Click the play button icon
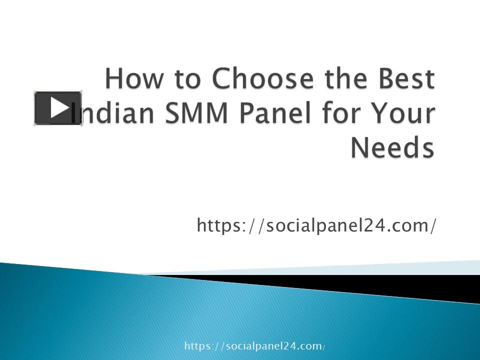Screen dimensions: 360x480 [58, 108]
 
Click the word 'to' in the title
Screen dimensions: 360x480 [183, 79]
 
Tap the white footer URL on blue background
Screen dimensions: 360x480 [255, 346]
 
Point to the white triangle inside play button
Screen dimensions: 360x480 [59, 107]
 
